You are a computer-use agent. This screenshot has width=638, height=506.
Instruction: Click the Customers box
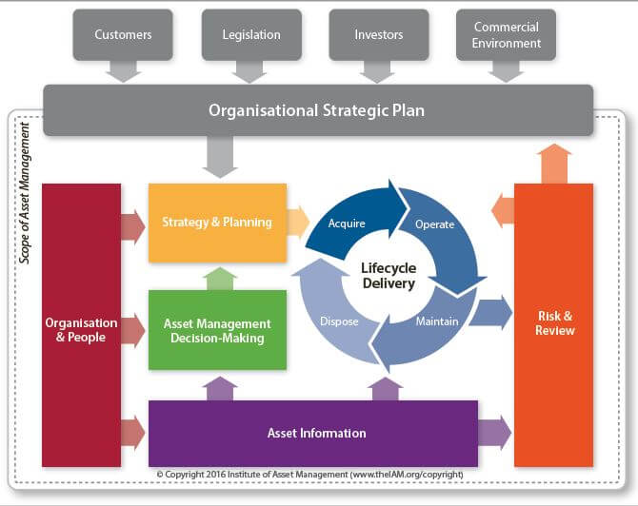pos(123,35)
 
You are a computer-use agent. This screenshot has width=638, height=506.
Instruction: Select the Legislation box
pos(251,35)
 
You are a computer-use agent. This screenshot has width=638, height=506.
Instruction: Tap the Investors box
pos(379,35)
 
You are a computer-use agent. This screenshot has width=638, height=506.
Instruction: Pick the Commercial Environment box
pos(507,35)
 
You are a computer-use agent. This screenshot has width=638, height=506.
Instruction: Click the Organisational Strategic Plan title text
pos(316,110)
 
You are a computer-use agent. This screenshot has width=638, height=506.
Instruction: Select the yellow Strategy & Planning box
pos(217,223)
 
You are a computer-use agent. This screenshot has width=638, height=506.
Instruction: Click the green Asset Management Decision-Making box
pos(217,330)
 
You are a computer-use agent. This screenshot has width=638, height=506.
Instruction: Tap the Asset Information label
pos(316,434)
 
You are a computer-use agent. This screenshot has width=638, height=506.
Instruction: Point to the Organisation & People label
pos(81,330)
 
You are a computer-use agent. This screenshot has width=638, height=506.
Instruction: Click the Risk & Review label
pos(554,323)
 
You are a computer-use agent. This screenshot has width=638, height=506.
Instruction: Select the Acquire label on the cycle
pos(347,224)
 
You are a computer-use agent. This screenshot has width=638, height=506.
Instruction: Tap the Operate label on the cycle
pos(434,224)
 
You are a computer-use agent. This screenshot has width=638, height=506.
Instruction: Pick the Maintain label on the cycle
pos(437,321)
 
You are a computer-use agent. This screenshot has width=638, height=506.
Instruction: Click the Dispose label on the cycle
pos(339,321)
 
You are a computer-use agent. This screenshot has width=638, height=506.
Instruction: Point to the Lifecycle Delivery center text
pos(389,276)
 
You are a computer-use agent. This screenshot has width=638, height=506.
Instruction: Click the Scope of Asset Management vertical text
pos(25,193)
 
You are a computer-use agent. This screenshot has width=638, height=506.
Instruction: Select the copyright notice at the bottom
pos(310,475)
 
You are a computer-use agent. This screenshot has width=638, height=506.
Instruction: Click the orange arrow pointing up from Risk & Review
pos(554,164)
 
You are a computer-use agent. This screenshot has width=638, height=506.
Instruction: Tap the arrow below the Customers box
pos(123,71)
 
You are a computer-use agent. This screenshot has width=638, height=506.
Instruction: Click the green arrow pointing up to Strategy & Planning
pos(220,279)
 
